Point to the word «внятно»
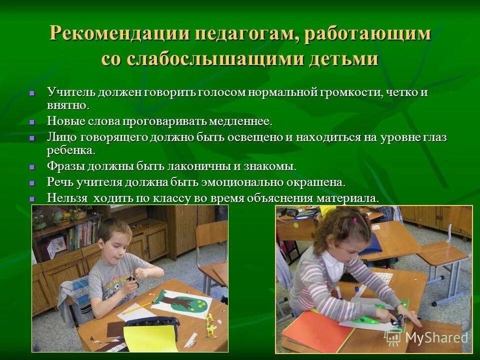pyautogui.click(x=67, y=105)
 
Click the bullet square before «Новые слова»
pyautogui.click(x=32, y=122)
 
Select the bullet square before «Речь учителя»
pyautogui.click(x=32, y=182)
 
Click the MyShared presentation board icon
pyautogui.click(x=393, y=337)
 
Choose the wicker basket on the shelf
pyautogui.click(x=79, y=215)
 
